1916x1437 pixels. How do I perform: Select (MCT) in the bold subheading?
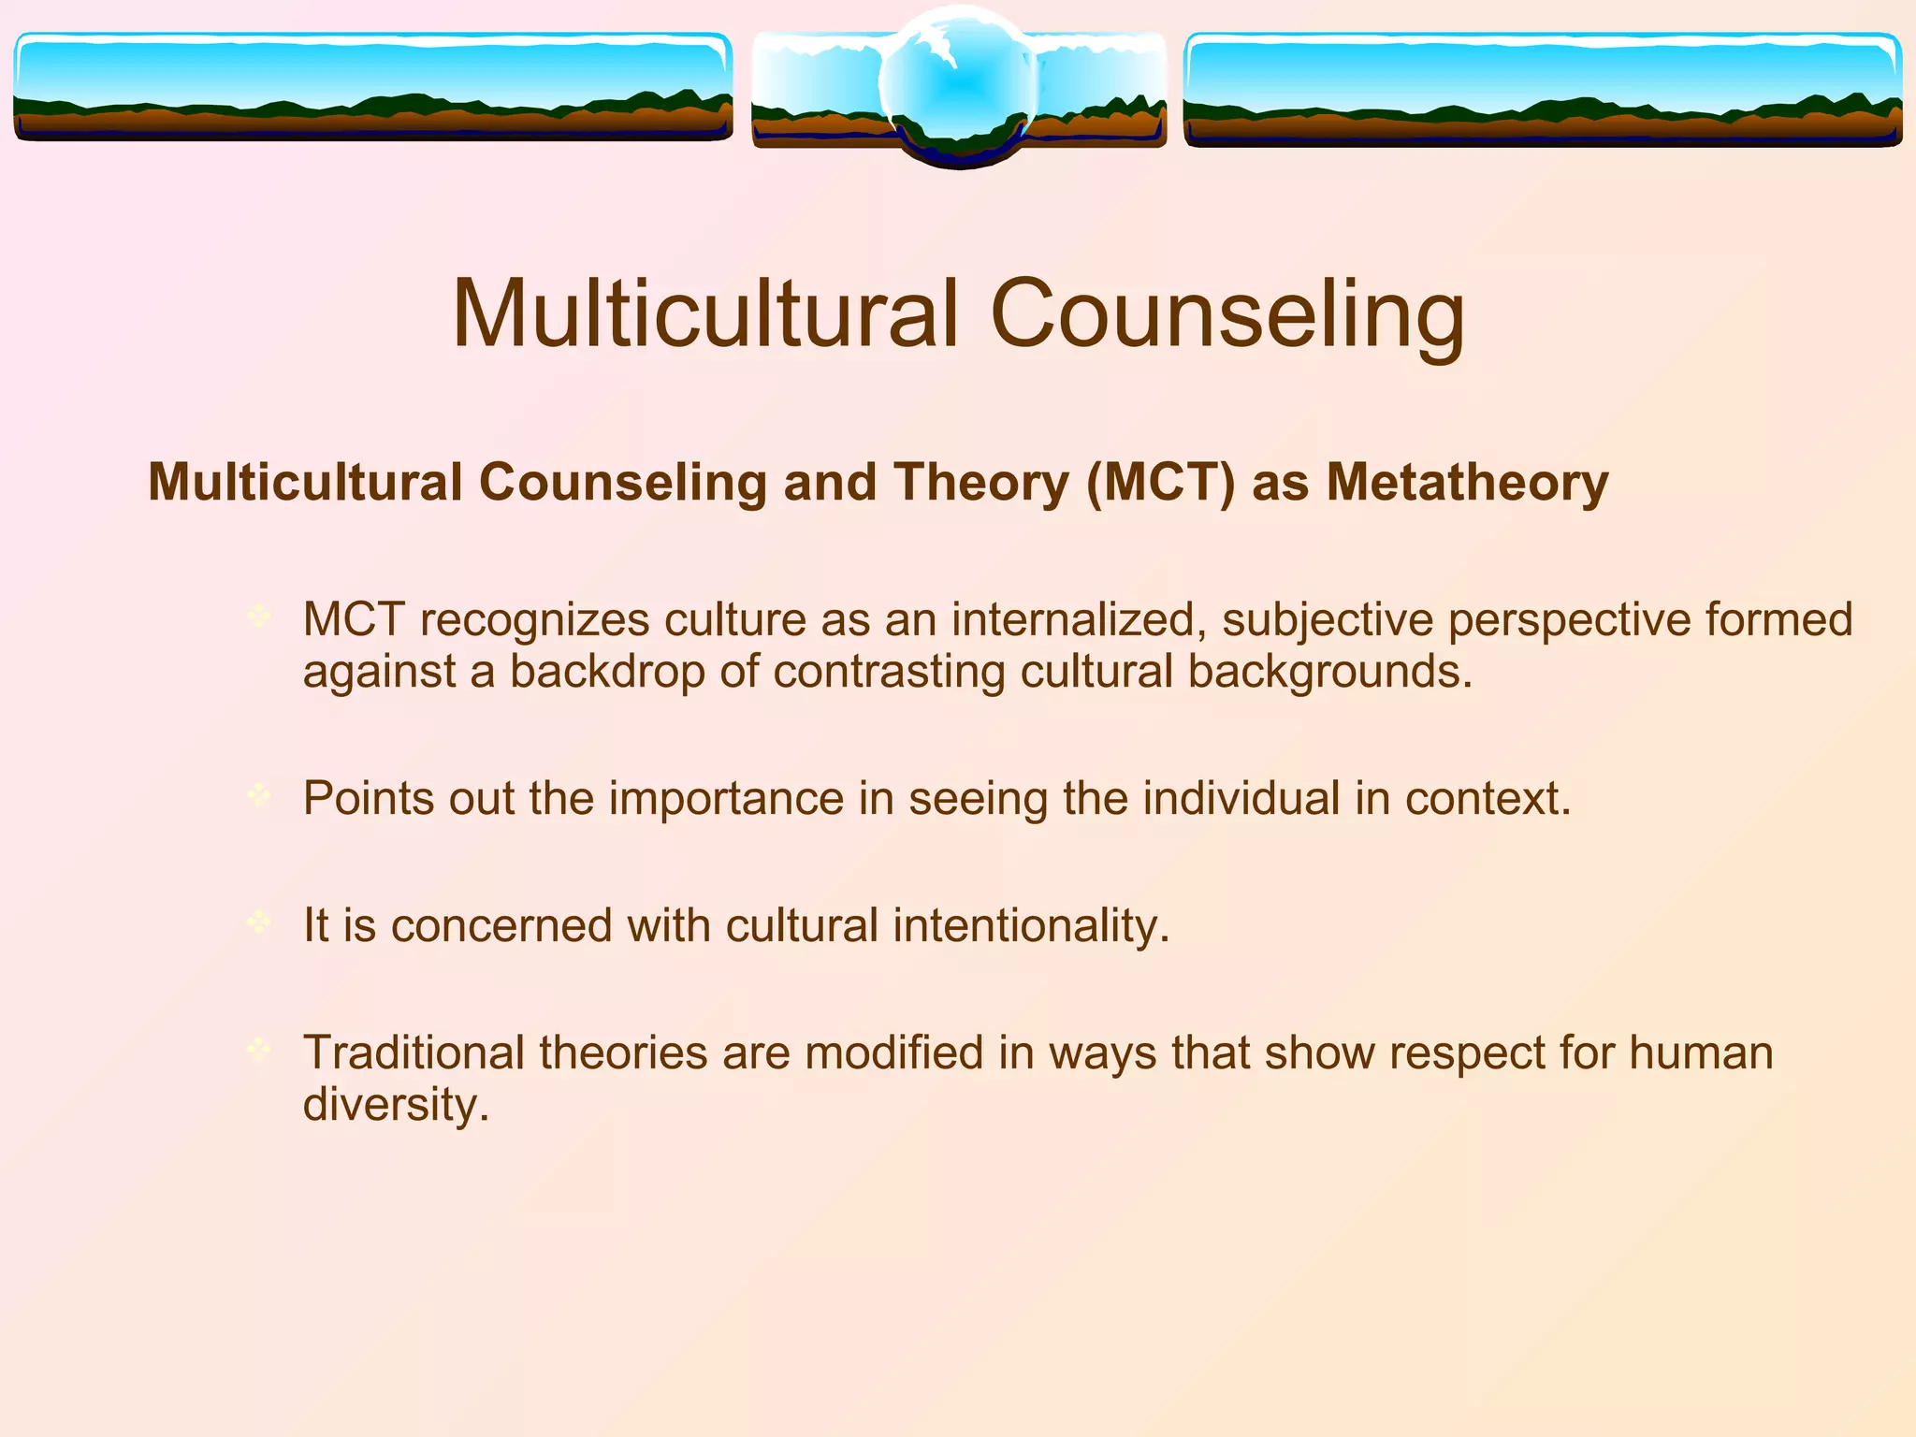click(x=1161, y=483)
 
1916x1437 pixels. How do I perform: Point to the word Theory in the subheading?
click(x=981, y=483)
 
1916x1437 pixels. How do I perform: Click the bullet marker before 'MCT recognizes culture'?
click(x=258, y=616)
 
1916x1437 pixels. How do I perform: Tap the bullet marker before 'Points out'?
click(x=258, y=795)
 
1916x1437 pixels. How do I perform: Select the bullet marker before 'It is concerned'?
click(x=258, y=922)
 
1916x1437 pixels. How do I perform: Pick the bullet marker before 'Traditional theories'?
click(x=258, y=1049)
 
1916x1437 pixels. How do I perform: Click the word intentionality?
click(x=1031, y=925)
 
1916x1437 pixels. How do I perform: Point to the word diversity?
click(x=396, y=1105)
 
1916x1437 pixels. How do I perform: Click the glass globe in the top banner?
click(x=959, y=86)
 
